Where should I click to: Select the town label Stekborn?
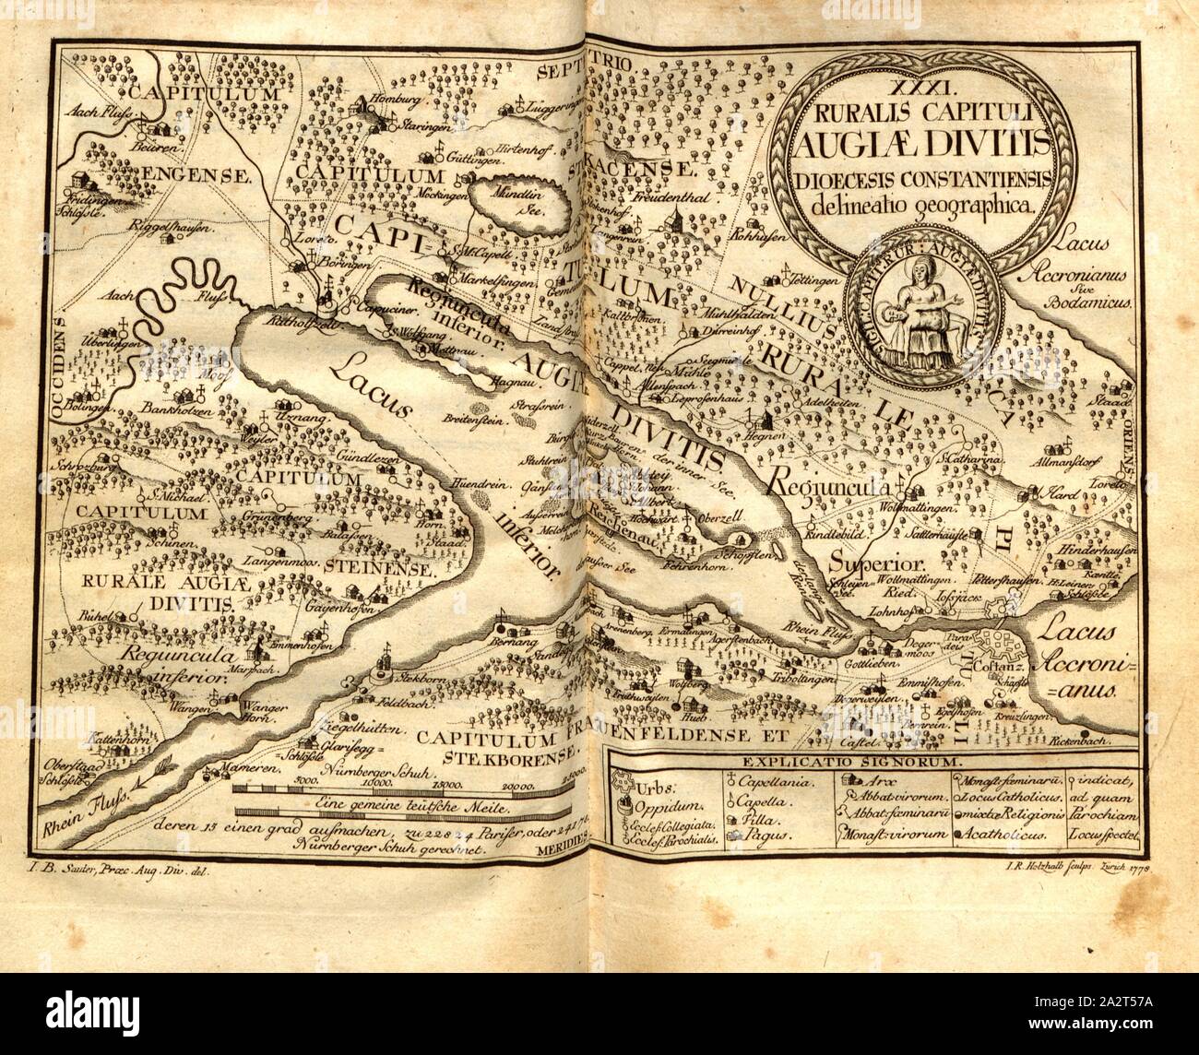tap(398, 678)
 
